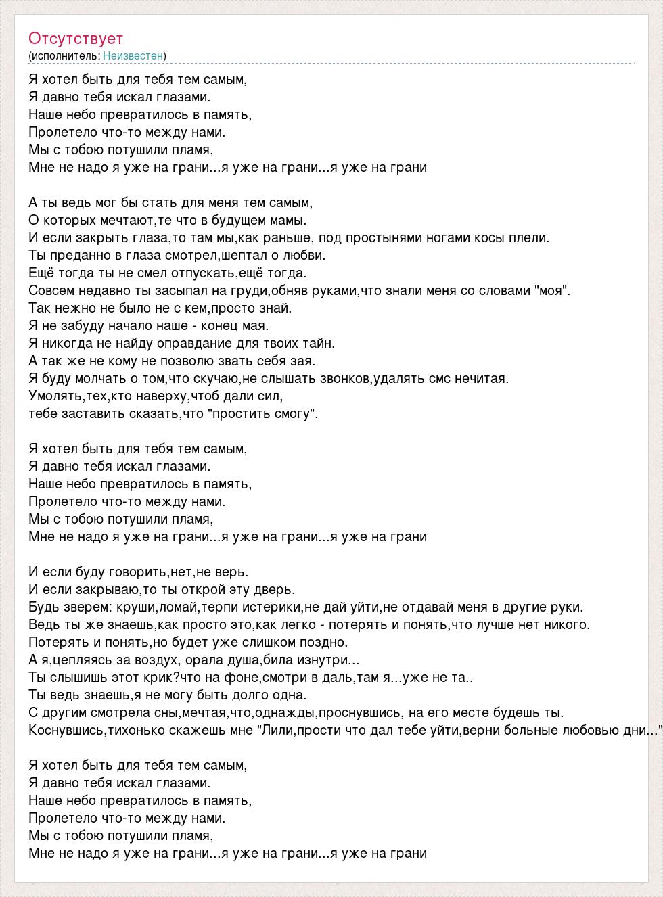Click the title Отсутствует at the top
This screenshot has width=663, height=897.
[76, 39]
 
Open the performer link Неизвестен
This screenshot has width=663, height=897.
[133, 55]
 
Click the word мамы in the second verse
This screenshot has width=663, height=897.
[289, 220]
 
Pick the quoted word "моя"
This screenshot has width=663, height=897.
[552, 290]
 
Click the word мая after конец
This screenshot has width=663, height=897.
[254, 325]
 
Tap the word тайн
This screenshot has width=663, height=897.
[320, 343]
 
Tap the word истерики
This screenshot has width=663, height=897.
[267, 607]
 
